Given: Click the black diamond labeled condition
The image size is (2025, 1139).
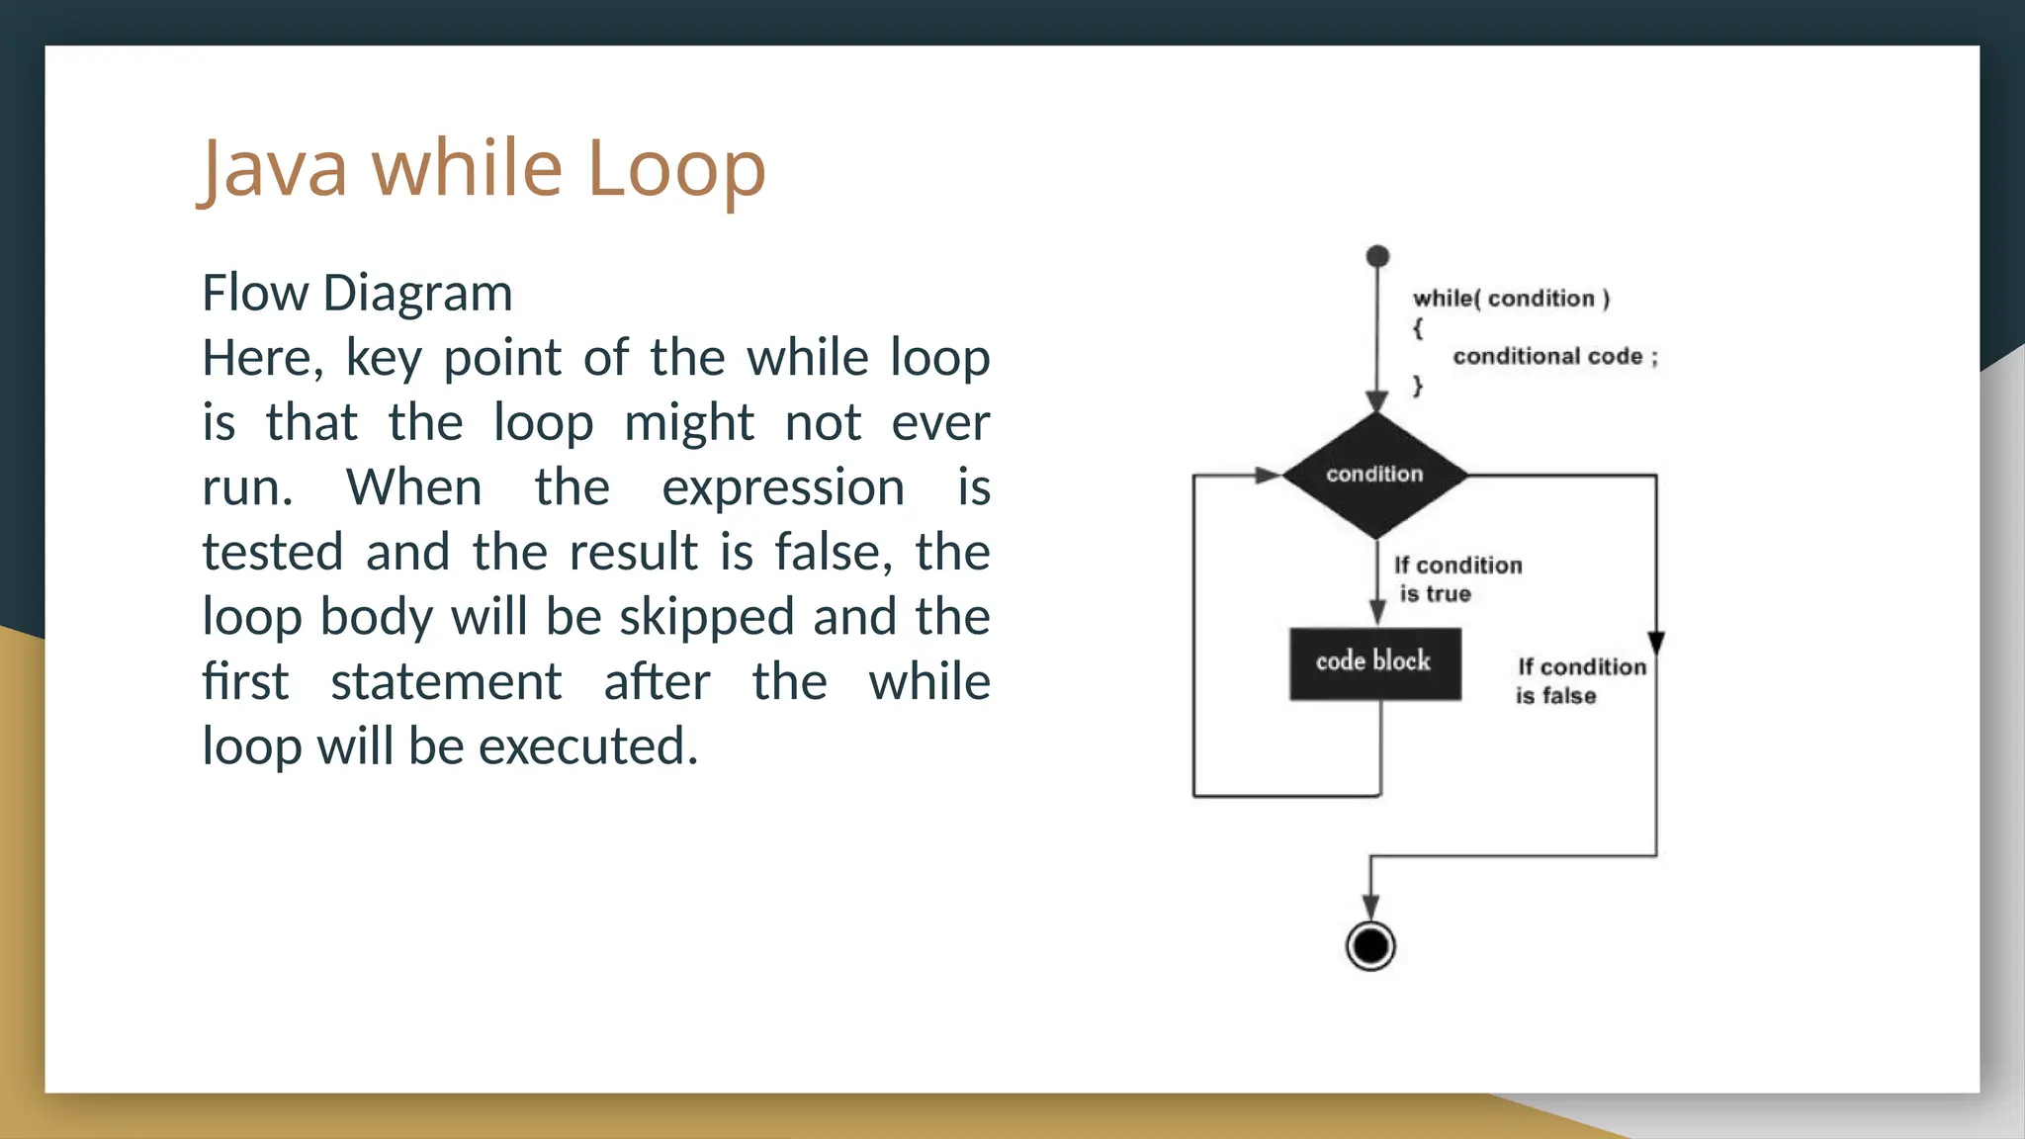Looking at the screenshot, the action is click(1374, 476).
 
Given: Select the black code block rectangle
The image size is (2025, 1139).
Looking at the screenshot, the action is click(1374, 663).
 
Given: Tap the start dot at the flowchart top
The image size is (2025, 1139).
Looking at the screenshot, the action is click(1377, 257).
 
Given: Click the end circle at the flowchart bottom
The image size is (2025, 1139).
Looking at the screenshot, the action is click(1370, 946).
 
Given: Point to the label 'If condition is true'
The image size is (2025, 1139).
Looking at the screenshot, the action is click(1456, 579).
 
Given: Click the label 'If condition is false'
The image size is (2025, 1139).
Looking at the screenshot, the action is click(1580, 681).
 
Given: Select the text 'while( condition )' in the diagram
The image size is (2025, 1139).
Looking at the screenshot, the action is click(1511, 299).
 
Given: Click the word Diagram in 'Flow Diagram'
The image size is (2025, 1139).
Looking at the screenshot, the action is click(417, 294).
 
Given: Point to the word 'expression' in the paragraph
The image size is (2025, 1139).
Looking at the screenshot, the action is click(783, 488).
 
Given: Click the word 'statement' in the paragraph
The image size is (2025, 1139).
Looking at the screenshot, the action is click(446, 682).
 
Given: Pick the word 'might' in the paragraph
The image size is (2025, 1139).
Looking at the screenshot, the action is click(689, 423).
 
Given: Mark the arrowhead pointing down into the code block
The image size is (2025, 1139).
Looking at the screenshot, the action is click(1377, 612).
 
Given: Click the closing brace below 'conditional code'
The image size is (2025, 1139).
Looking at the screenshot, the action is click(1418, 386).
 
